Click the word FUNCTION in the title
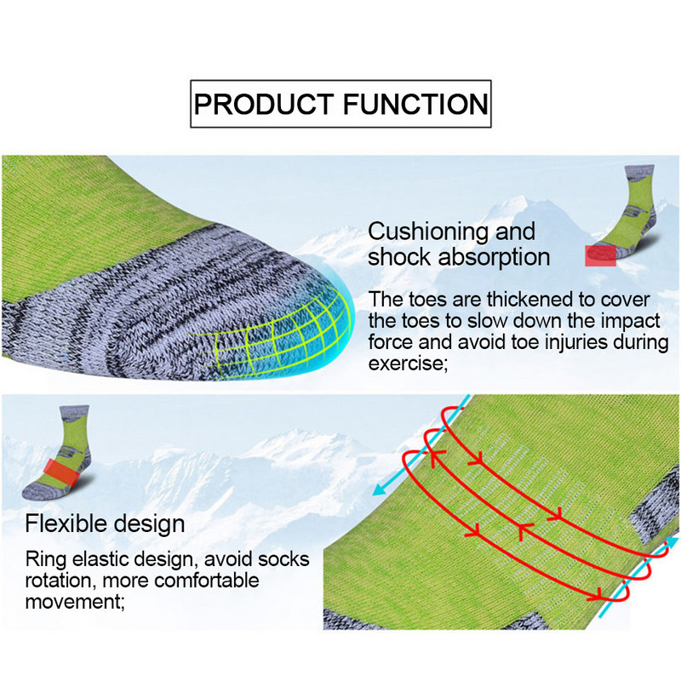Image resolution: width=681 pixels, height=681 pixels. pos(415,105)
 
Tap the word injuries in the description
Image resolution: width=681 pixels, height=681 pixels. pos(533,344)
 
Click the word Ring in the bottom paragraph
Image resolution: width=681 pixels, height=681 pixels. pos(43,561)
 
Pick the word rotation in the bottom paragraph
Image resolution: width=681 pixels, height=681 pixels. pos(57,582)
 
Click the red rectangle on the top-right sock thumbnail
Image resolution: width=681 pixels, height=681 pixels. pos(600,255)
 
